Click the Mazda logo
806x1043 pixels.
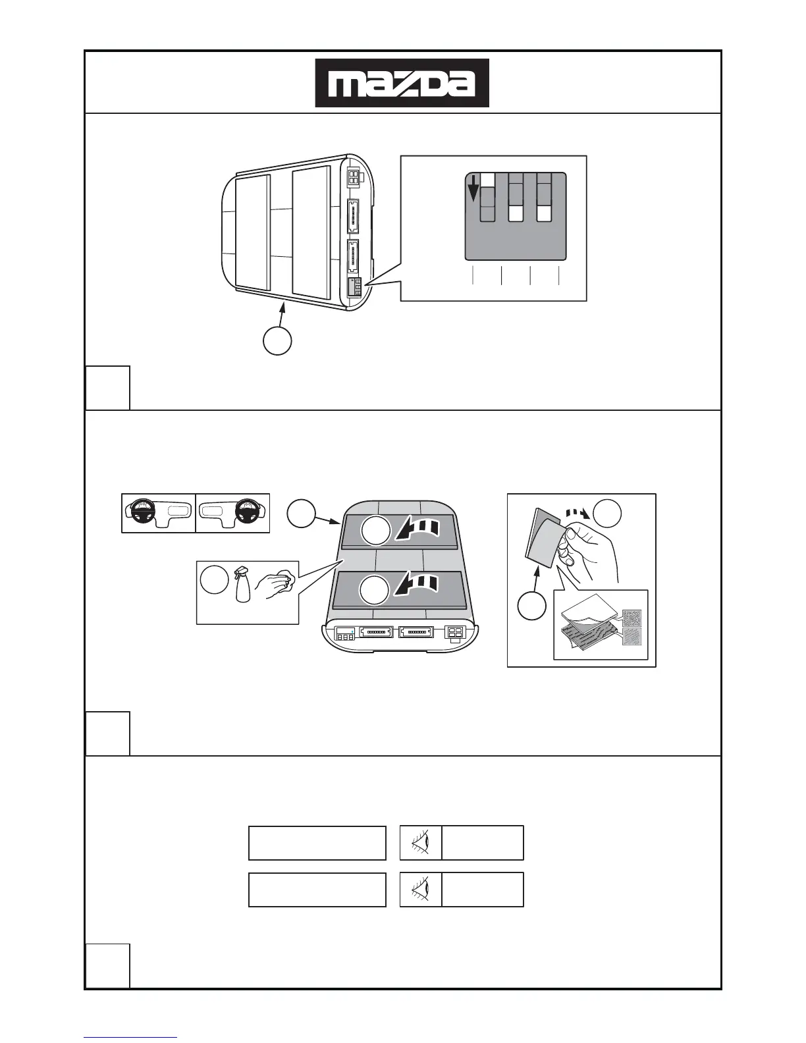point(402,83)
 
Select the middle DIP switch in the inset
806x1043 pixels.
point(516,197)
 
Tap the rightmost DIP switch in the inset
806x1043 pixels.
point(544,197)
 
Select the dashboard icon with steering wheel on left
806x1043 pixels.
point(159,513)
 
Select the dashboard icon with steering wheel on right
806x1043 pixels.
point(232,513)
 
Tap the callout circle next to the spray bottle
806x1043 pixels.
point(214,580)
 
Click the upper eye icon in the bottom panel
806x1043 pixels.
point(421,843)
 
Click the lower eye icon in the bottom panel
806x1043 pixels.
point(421,890)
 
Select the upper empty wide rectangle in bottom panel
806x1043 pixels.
point(317,843)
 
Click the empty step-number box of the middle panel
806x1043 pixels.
point(107,734)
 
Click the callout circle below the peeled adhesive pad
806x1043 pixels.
point(531,606)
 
